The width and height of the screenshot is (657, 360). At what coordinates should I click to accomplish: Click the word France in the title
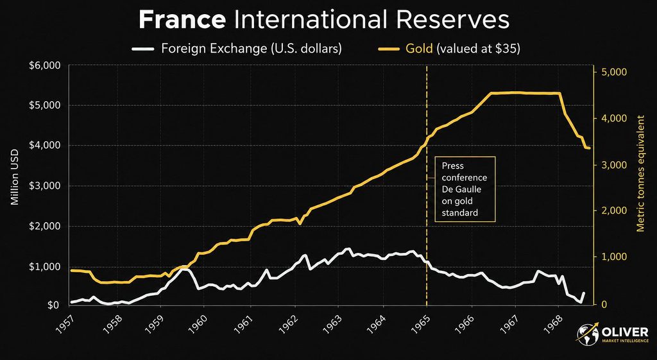pyautogui.click(x=182, y=20)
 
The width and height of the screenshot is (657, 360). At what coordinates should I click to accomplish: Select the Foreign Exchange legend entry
pyautogui.click(x=237, y=49)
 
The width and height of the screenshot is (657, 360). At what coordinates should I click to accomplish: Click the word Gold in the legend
pyautogui.click(x=418, y=49)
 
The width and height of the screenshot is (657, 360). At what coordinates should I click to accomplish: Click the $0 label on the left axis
pyautogui.click(x=53, y=305)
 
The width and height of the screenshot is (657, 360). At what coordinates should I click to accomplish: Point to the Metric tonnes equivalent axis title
pyautogui.click(x=640, y=173)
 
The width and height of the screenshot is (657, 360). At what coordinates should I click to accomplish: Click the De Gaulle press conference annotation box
pyautogui.click(x=465, y=189)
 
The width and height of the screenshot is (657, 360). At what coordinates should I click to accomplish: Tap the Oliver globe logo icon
pyautogui.click(x=588, y=333)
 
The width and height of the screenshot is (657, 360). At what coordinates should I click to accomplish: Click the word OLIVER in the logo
pyautogui.click(x=626, y=332)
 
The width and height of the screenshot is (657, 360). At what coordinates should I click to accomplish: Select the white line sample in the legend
pyautogui.click(x=143, y=49)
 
